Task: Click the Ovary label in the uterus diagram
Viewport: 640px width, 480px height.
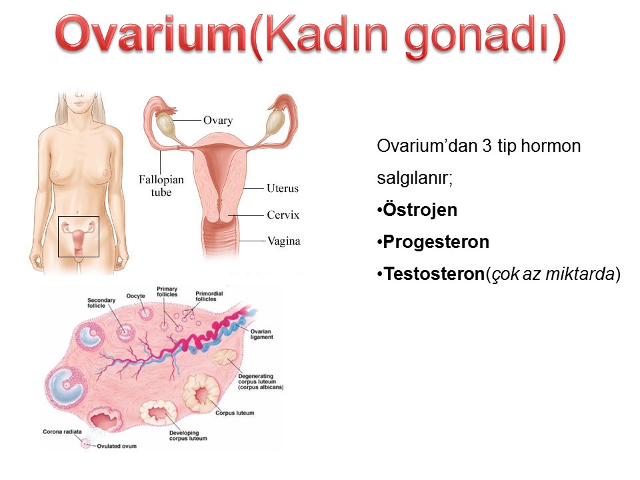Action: [218, 121]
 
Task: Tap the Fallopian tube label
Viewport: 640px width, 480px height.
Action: [161, 186]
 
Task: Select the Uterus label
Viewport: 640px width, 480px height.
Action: [283, 188]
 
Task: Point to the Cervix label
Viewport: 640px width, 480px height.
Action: [283, 215]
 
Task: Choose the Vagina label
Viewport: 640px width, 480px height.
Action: [284, 241]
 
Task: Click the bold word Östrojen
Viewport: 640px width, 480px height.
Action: [420, 209]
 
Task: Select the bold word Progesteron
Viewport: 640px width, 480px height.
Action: [436, 242]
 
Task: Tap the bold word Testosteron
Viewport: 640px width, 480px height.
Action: [434, 273]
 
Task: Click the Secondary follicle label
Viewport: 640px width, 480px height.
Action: [101, 303]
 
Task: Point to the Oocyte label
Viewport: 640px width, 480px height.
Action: [135, 296]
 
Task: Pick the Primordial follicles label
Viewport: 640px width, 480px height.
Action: [209, 296]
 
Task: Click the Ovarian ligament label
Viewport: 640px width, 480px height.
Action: [261, 334]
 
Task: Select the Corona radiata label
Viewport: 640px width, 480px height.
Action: [62, 431]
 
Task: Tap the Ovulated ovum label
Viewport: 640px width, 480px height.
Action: [117, 446]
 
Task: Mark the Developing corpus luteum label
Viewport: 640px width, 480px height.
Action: [188, 435]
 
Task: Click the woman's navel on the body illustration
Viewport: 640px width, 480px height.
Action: [77, 213]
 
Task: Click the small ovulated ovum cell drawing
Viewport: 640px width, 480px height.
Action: [86, 444]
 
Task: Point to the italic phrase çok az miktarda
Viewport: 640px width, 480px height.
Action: [553, 273]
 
